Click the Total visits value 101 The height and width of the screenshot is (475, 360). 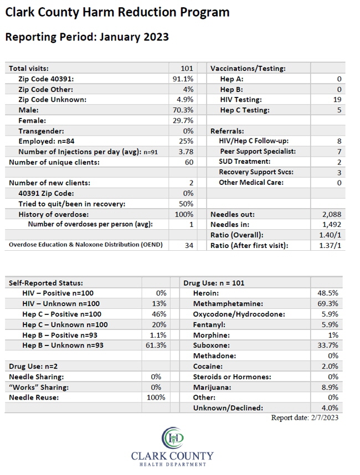pos(187,69)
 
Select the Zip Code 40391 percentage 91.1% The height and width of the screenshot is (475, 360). pos(183,79)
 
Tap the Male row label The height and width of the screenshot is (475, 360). pos(28,110)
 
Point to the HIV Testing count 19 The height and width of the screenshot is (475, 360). pos(337,100)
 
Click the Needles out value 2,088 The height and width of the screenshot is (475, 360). pos(332,214)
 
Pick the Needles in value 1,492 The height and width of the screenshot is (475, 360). pos(332,225)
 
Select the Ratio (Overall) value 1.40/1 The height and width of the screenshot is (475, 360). pos(330,235)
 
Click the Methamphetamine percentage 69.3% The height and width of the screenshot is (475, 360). pos(328,303)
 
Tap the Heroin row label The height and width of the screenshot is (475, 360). pos(206,293)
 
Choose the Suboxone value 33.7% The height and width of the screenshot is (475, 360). pos(328,345)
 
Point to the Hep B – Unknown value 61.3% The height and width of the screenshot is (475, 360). pos(156,345)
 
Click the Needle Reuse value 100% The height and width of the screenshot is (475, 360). pos(156,397)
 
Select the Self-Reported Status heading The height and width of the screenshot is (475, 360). pos(46,283)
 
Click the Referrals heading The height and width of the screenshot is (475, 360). pos(227,131)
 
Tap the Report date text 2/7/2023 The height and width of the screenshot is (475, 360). pos(325,418)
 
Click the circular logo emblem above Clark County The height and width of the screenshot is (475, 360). pos(173,438)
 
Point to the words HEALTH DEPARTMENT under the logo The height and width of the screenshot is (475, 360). pos(173,464)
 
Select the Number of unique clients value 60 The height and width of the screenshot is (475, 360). pos(189,162)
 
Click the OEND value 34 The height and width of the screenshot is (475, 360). pos(189,245)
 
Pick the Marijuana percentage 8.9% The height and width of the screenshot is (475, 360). pos(330,387)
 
